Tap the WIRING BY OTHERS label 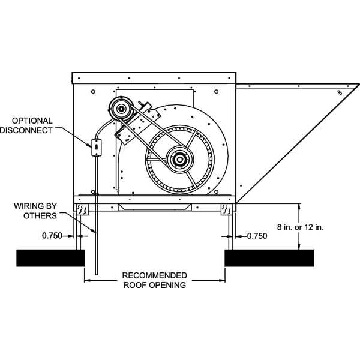36,211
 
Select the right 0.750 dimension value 257,236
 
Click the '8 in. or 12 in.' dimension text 300,227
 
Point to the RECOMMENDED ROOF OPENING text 154,280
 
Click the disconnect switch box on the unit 95,147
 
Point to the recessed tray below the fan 154,206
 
